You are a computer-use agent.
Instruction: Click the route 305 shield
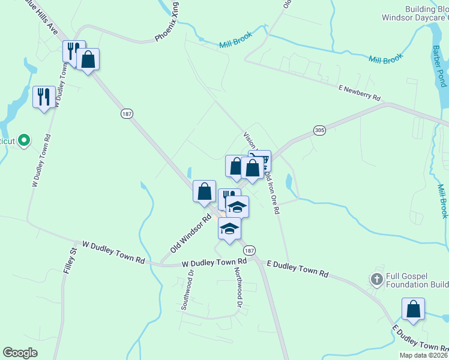pos(319,130)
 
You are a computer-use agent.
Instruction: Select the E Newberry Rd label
pos(360,92)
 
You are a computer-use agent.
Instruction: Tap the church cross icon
pos(376,279)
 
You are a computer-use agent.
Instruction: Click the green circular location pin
pos(24,140)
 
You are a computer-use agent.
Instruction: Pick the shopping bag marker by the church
pos(413,310)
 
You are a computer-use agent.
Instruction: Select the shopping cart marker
pos(260,161)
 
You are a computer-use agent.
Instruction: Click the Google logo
pos(20,353)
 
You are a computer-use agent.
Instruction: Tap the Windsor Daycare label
pos(415,17)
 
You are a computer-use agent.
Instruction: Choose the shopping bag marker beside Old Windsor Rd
pos(205,192)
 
